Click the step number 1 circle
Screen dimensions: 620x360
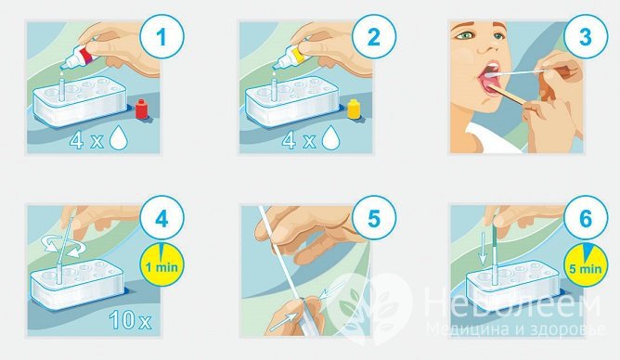pos(161,37)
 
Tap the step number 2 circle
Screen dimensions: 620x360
pos(373,37)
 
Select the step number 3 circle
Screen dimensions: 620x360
pos(586,37)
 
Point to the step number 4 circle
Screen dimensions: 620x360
pos(161,219)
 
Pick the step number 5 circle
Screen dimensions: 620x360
pos(373,219)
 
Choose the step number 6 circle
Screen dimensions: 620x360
pos(586,219)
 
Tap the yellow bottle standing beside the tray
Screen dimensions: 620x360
pos(354,109)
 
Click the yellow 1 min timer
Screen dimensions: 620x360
pos(162,264)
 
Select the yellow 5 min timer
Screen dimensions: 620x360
pos(586,264)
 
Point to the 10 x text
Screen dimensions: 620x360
pos(130,319)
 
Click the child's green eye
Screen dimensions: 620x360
pos(467,35)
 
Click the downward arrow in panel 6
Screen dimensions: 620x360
pos(483,250)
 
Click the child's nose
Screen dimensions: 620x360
pos(489,45)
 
